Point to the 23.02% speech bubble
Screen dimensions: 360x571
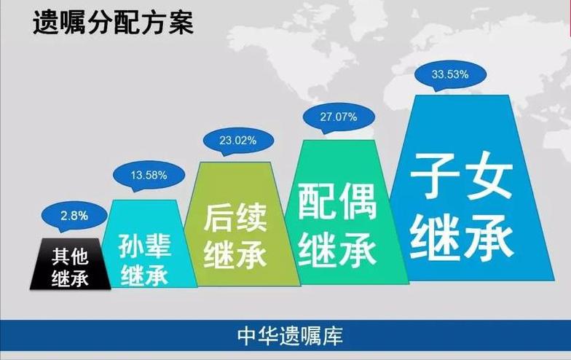pyautogui.click(x=240, y=141)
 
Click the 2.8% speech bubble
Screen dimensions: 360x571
pyautogui.click(x=74, y=215)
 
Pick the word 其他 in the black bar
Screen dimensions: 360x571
pyautogui.click(x=71, y=257)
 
